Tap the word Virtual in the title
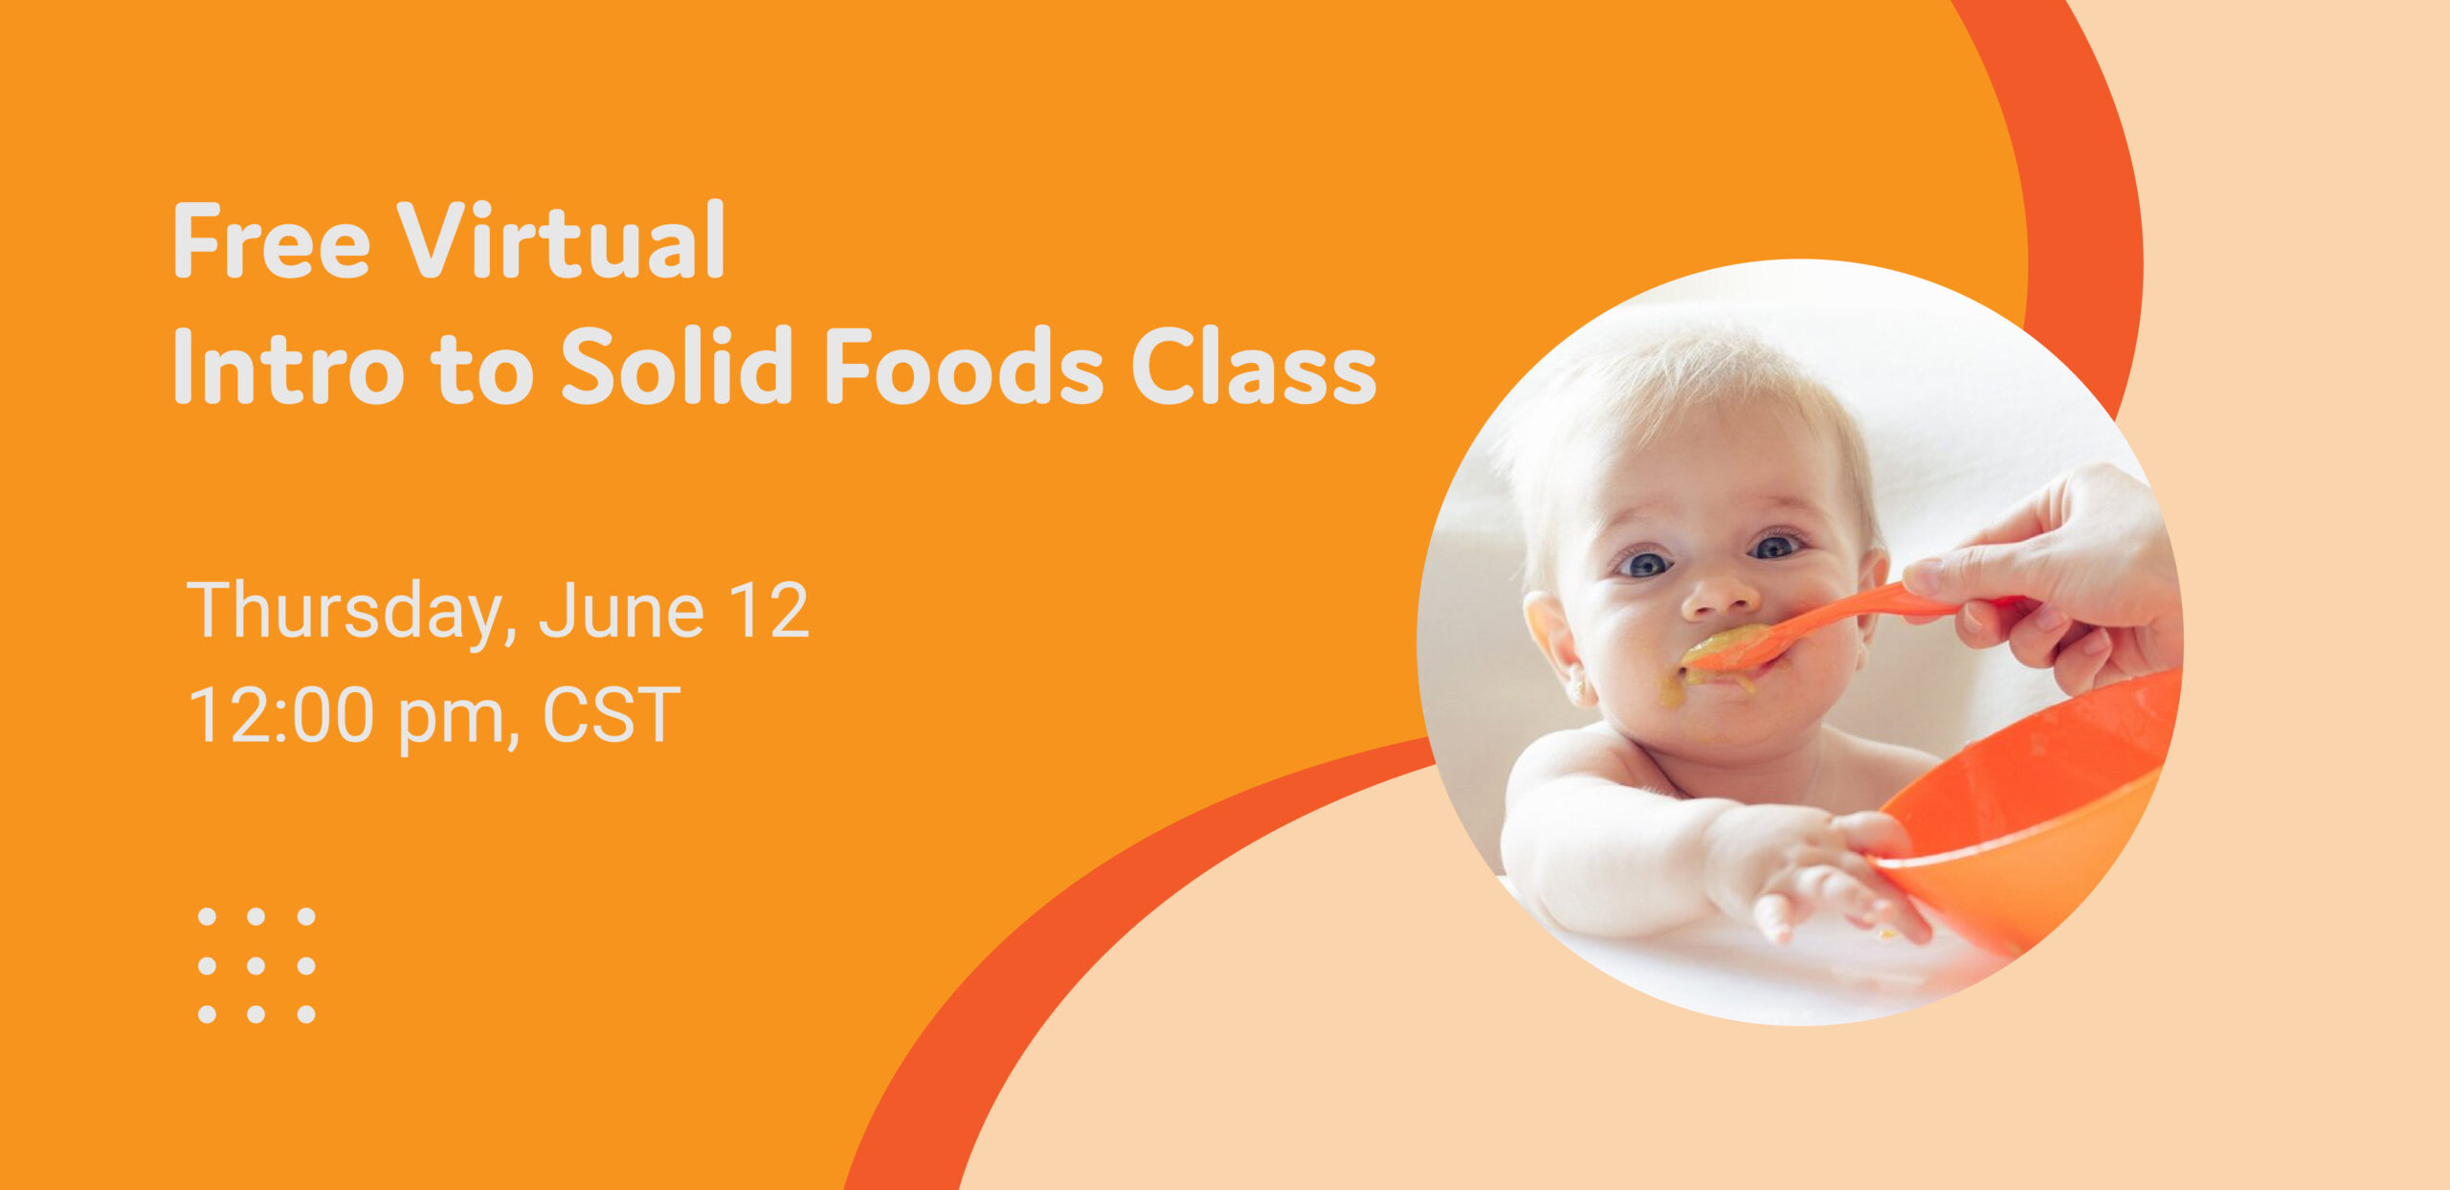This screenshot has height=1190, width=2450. point(562,239)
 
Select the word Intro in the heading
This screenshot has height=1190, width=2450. point(288,365)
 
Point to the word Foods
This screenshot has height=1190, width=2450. point(964,365)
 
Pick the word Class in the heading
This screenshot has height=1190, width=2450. point(1254,365)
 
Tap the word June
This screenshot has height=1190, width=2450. point(622,610)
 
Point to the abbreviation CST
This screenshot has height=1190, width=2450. point(612,714)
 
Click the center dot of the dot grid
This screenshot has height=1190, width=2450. point(256,965)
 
